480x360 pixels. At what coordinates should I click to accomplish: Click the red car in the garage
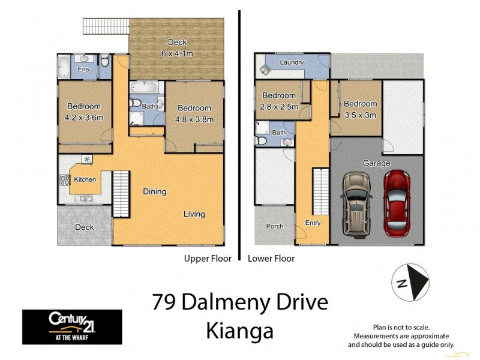397,203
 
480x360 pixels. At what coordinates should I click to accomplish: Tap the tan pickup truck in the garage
356,204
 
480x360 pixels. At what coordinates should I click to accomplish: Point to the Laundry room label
291,62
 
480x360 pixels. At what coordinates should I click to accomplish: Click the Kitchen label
85,179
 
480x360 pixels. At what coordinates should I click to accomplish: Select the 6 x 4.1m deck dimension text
177,53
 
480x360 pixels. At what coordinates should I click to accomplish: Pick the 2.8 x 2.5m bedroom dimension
279,106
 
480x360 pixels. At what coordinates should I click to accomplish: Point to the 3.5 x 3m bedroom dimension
360,115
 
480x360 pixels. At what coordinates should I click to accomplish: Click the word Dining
154,192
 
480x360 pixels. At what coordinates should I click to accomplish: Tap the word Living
194,214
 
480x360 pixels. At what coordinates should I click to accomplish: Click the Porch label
275,226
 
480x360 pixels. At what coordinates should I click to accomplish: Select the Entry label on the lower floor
313,223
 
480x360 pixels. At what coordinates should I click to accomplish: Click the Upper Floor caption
207,259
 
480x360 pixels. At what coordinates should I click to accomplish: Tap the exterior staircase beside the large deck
106,26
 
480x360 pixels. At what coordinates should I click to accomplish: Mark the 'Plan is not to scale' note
401,327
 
